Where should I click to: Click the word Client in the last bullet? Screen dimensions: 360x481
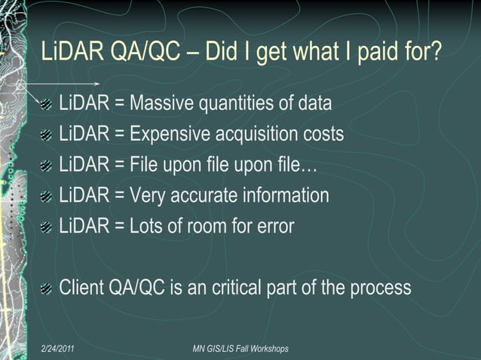click(x=83, y=288)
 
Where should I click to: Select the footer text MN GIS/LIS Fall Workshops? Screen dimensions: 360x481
click(x=240, y=349)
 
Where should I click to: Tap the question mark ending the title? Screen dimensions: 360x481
click(x=435, y=53)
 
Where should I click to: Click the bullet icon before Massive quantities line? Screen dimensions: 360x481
click(x=47, y=104)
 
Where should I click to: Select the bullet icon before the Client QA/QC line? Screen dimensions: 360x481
click(x=47, y=288)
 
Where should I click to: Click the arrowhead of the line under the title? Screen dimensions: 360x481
click(x=98, y=83)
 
